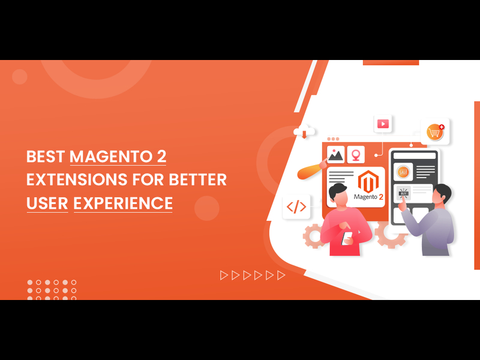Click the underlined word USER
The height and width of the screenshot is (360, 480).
pos(47,203)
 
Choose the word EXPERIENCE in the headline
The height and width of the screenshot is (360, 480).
pos(123,203)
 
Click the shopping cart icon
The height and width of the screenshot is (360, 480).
pos(434,131)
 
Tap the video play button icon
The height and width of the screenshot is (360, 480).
pos(382,124)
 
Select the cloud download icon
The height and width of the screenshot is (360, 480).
pos(302,131)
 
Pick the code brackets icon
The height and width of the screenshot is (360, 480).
pos(296,207)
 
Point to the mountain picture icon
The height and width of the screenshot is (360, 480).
pos(335,155)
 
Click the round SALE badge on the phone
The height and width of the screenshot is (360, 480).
pos(403,172)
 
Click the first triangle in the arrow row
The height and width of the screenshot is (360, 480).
pos(224,275)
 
